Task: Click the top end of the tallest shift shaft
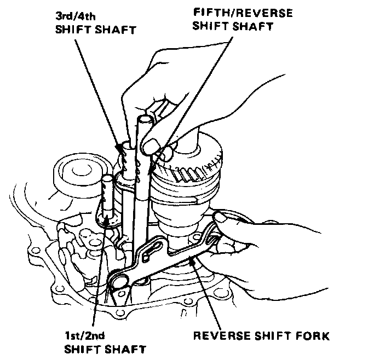pyautogui.click(x=144, y=118)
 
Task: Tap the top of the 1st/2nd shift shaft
pyautogui.click(x=108, y=179)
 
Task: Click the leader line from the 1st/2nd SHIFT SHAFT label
pyautogui.click(x=98, y=274)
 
